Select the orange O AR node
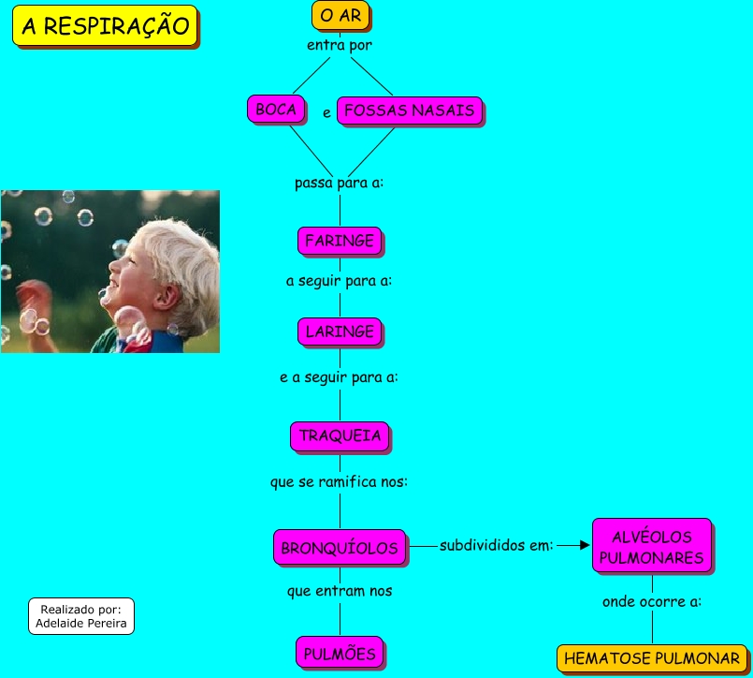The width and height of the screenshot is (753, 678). point(340,16)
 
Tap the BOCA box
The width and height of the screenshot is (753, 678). point(276,111)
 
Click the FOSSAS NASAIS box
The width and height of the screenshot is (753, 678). point(409,111)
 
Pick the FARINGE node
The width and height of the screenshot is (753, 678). point(340,241)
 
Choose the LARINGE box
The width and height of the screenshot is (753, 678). point(340,332)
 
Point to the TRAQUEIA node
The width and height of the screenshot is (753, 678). point(340,436)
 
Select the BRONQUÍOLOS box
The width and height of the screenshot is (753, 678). point(340,549)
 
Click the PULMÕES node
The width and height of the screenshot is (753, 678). point(340,653)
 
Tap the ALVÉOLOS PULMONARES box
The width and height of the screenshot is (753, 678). point(651,547)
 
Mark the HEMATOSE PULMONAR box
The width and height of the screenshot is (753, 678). point(652,658)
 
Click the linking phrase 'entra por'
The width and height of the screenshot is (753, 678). point(340,45)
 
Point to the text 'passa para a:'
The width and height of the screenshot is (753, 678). point(340,183)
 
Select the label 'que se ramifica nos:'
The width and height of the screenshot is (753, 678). point(340,482)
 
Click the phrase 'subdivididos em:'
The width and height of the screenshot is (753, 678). point(497,545)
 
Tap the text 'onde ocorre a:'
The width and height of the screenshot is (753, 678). point(652,601)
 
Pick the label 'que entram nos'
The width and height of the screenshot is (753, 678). point(340,591)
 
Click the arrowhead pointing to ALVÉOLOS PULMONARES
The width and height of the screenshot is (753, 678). point(585,545)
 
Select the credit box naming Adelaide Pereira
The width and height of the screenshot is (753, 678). point(81,615)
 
